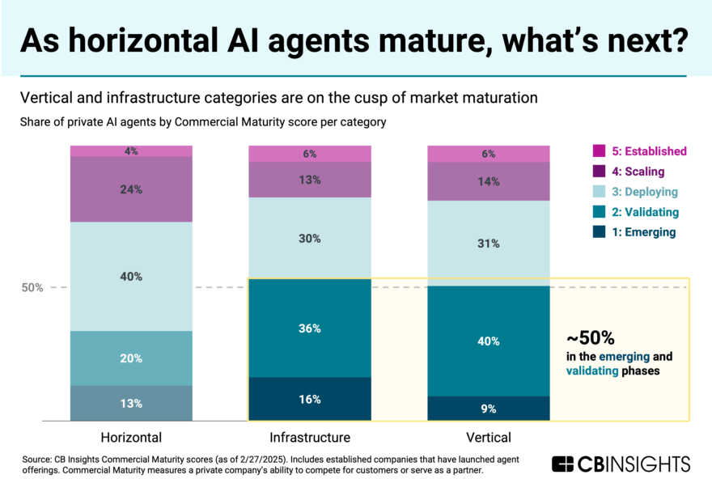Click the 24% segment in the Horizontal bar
click(x=131, y=189)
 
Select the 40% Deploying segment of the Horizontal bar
click(x=131, y=276)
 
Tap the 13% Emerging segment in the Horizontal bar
click(x=131, y=403)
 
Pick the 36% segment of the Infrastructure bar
click(x=309, y=328)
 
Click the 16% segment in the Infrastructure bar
click(x=309, y=399)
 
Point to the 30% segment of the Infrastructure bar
click(x=309, y=239)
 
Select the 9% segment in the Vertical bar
click(x=489, y=409)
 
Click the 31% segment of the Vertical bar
click(x=489, y=243)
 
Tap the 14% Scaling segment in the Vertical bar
click(x=489, y=182)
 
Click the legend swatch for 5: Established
click(x=599, y=151)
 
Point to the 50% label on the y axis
click(x=32, y=287)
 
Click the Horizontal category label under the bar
click(x=131, y=438)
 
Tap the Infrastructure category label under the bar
click(x=309, y=438)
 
